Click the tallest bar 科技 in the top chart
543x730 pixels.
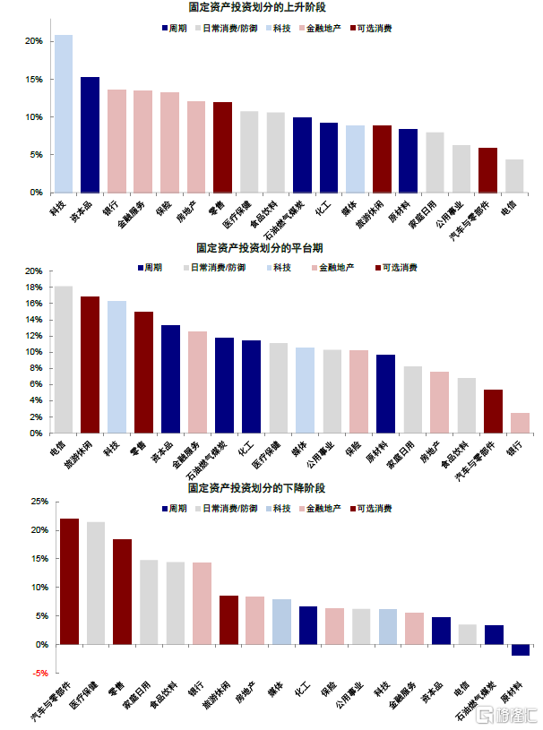pyautogui.click(x=64, y=114)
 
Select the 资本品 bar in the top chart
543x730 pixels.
pyautogui.click(x=90, y=134)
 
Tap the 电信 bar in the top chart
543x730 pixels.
pyautogui.click(x=514, y=176)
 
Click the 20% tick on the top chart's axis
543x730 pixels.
pyautogui.click(x=33, y=42)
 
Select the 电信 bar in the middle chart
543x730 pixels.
pyautogui.click(x=64, y=359)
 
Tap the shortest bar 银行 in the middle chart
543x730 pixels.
pyautogui.click(x=520, y=423)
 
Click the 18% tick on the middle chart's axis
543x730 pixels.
pyautogui.click(x=33, y=288)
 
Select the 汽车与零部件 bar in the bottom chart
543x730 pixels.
pyautogui.click(x=69, y=581)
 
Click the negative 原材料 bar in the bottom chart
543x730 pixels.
pyautogui.click(x=520, y=650)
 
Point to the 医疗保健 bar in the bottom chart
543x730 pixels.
pyautogui.click(x=96, y=583)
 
